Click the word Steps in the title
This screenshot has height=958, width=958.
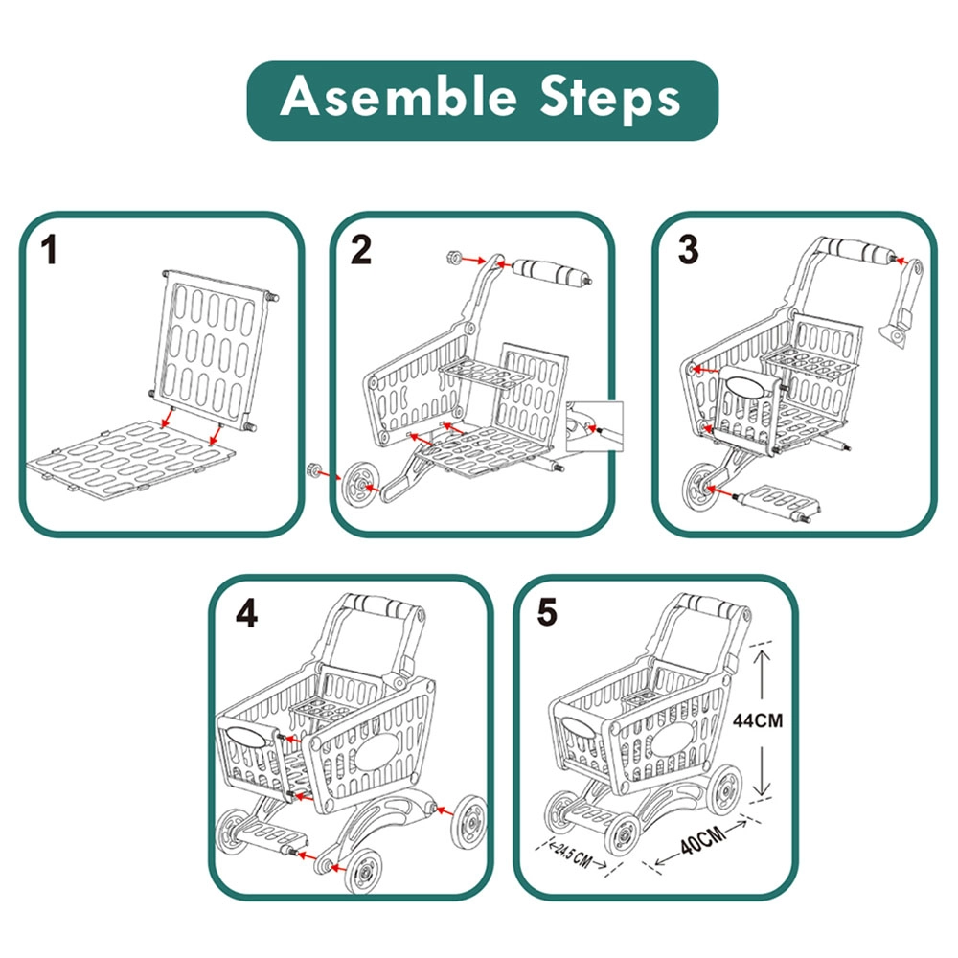(x=598, y=100)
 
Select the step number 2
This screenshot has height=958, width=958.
(x=361, y=250)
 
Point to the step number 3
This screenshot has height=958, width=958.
(x=687, y=250)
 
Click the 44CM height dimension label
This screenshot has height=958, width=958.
(x=757, y=720)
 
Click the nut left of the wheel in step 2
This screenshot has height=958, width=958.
(x=311, y=469)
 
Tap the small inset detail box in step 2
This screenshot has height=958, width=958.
(x=595, y=426)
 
